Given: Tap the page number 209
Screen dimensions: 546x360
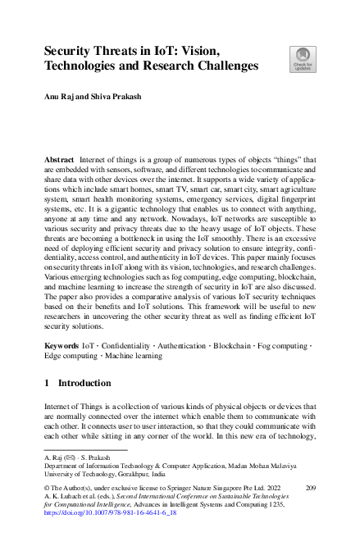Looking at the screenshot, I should pos(309,487).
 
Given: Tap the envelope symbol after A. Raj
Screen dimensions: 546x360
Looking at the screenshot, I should pos(66,455).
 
